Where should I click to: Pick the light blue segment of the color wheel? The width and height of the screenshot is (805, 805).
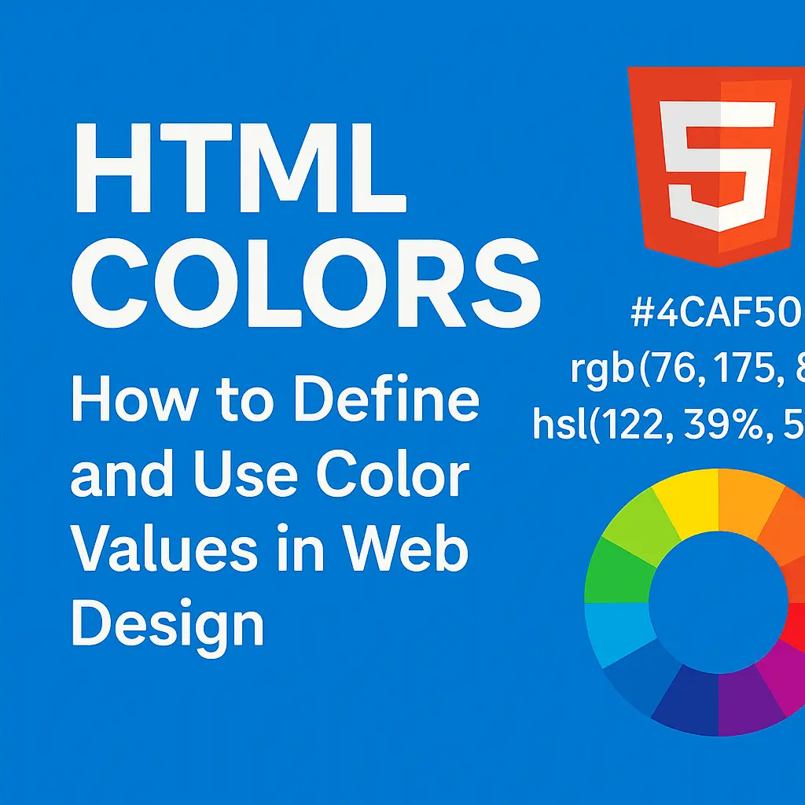point(618,633)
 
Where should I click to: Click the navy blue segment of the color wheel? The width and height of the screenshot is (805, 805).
point(685,704)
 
